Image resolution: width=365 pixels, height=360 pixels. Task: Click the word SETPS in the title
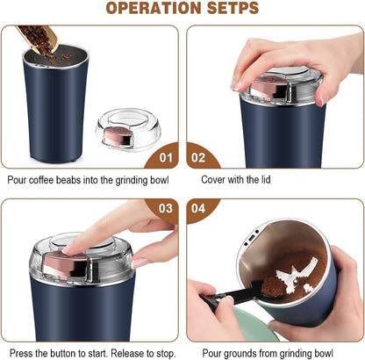(x=231, y=10)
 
